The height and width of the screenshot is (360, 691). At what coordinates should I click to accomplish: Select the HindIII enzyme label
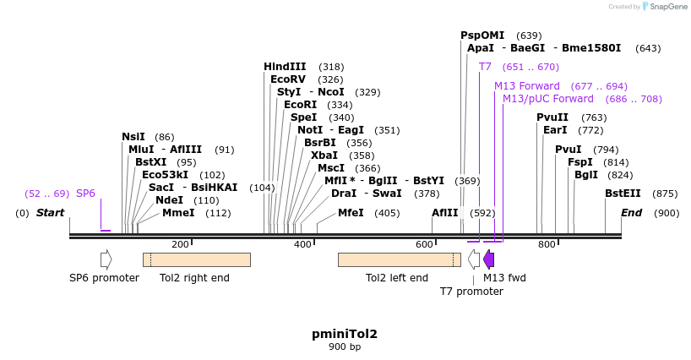tap(285, 67)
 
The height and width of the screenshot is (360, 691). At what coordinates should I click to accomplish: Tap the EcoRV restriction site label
tap(288, 79)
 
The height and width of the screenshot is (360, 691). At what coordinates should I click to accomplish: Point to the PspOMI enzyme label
tap(482, 35)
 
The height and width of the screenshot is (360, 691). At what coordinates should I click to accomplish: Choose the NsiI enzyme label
tap(133, 137)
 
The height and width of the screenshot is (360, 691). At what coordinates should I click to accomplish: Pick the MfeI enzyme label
tap(351, 213)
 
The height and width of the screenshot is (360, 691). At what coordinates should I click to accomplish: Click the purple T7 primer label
tap(485, 67)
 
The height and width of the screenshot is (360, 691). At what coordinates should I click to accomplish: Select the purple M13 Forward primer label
tap(527, 86)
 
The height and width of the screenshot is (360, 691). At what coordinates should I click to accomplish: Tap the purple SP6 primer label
tap(86, 194)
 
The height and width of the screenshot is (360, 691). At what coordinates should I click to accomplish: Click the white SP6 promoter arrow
tap(106, 259)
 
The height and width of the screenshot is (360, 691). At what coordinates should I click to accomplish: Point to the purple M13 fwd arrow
tap(488, 259)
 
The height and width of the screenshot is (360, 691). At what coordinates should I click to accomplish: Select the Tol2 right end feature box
tap(196, 259)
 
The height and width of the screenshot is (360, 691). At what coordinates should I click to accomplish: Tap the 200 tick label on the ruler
tap(180, 244)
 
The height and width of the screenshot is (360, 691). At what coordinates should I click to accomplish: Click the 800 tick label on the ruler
tap(547, 244)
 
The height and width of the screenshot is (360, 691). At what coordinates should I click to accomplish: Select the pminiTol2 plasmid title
tap(345, 334)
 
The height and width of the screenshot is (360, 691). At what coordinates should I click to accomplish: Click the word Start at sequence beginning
tap(50, 213)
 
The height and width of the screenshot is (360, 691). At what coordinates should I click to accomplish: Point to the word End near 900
tap(632, 213)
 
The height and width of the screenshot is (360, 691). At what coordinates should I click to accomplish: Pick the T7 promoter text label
tap(471, 292)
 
